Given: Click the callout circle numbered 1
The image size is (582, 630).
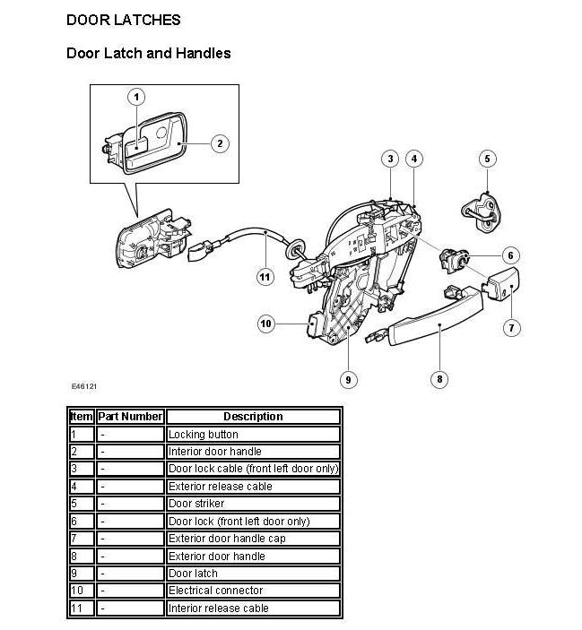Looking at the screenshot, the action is pyautogui.click(x=136, y=97).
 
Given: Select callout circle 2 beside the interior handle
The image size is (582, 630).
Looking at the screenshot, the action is pyautogui.click(x=220, y=143).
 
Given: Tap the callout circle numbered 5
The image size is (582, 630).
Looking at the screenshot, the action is pyautogui.click(x=487, y=159).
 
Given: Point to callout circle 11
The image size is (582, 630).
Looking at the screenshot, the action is pyautogui.click(x=265, y=277).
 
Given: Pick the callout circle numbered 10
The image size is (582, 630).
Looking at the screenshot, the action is pyautogui.click(x=266, y=324).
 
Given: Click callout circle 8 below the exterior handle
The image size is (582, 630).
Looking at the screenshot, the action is pyautogui.click(x=439, y=379).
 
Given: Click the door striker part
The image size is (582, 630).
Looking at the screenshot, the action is pyautogui.click(x=482, y=213).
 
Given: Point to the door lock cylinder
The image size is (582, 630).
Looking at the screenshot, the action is pyautogui.click(x=454, y=260).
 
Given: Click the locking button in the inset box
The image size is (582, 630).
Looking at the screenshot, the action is pyautogui.click(x=136, y=146).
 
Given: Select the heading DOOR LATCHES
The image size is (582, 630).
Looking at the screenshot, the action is pyautogui.click(x=124, y=20).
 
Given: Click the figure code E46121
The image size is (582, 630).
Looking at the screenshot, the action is pyautogui.click(x=84, y=386).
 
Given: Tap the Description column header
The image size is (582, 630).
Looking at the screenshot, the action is pyautogui.click(x=253, y=416).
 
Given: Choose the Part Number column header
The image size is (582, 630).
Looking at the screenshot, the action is pyautogui.click(x=130, y=416).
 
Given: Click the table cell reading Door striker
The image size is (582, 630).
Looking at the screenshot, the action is pyautogui.click(x=253, y=504).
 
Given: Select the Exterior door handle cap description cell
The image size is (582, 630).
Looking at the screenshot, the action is pyautogui.click(x=253, y=539).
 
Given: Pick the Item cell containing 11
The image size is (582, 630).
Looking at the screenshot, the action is pyautogui.click(x=82, y=608).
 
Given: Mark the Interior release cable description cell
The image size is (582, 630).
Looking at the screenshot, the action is pyautogui.click(x=253, y=608).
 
